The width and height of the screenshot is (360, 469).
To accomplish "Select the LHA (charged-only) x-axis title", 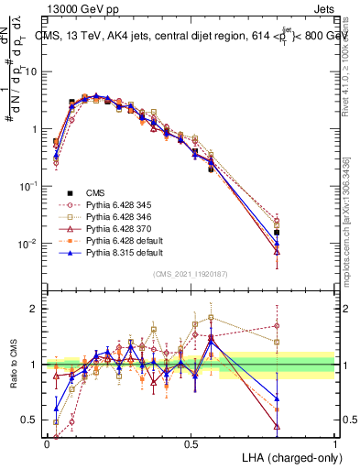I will point(290,457).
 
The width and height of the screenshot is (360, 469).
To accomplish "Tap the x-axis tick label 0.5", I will point(191,444).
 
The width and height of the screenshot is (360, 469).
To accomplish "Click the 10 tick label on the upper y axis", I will point(33,71).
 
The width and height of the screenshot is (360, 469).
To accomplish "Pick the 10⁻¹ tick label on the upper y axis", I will point(31,186).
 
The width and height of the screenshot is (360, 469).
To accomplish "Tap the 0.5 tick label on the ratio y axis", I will point(32,420).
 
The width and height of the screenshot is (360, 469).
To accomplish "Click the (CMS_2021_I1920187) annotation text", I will point(191,273).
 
